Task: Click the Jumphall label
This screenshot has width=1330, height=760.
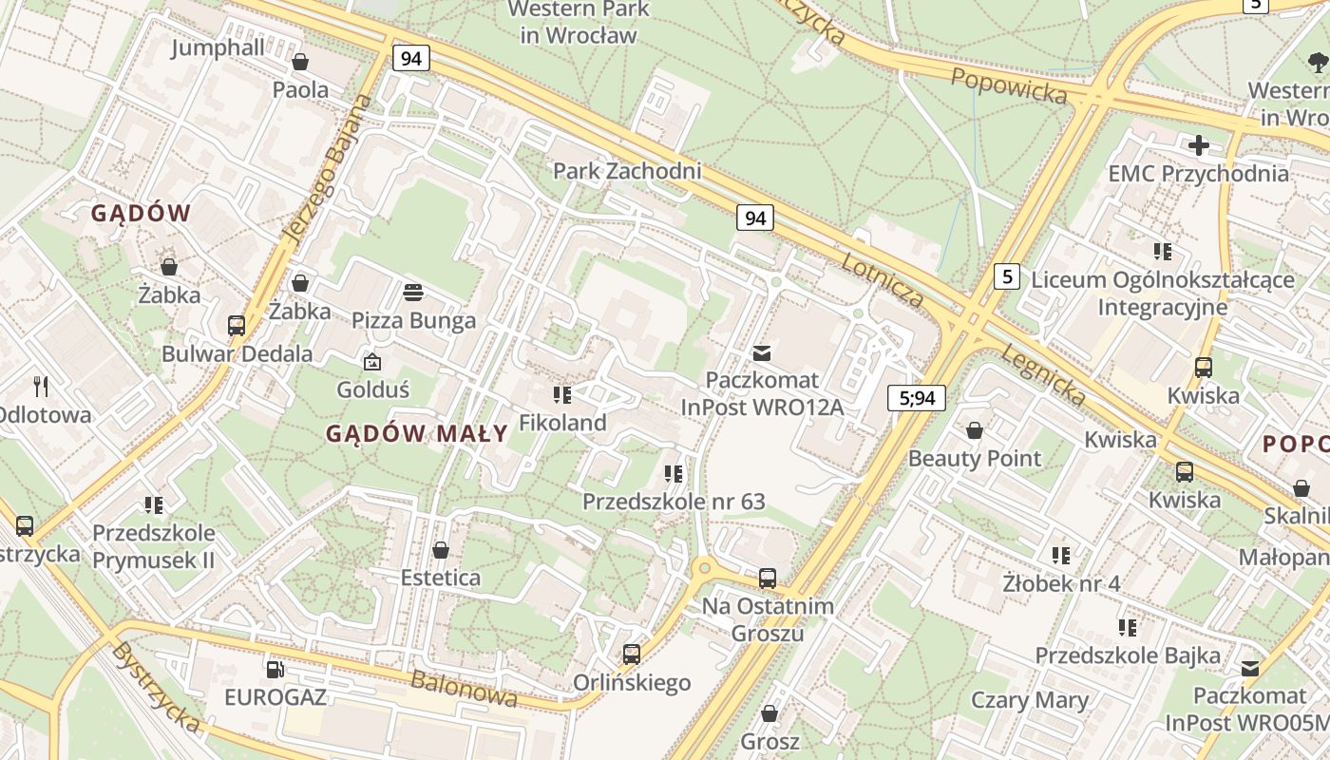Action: tap(218, 48)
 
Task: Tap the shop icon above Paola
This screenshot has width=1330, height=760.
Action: tap(300, 63)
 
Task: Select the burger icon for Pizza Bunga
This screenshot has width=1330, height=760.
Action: tap(413, 292)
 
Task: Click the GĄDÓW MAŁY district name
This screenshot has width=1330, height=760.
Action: tap(417, 434)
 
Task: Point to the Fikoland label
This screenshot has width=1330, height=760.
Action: tap(562, 423)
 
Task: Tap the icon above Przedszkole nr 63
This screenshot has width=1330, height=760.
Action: tap(674, 473)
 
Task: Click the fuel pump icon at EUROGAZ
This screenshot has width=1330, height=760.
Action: tap(275, 670)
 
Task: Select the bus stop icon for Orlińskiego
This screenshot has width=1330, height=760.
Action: tap(631, 654)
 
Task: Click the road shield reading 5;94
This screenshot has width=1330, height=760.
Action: tap(917, 398)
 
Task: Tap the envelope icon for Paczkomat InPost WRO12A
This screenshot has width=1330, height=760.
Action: tap(761, 353)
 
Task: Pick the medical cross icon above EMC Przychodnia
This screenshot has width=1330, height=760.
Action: tap(1199, 145)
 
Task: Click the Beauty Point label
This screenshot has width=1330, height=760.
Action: tap(975, 458)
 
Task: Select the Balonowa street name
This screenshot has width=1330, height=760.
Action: tap(465, 689)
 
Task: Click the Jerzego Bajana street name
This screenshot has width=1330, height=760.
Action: tap(324, 169)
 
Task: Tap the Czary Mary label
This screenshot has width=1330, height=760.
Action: tap(1029, 701)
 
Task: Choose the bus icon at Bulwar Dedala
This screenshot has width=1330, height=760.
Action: tap(237, 326)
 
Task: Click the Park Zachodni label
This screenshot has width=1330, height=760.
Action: tap(627, 171)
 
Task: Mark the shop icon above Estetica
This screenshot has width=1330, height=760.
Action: tap(441, 550)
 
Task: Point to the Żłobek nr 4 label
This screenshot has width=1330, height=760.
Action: tap(1061, 582)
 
